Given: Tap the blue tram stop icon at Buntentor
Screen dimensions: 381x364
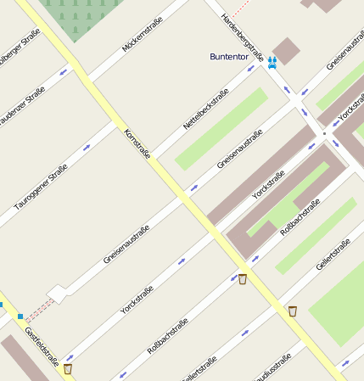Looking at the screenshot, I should click(272, 62).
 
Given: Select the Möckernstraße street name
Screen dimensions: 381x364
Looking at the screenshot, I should click(142, 32).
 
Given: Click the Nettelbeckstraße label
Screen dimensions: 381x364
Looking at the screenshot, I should click(206, 109).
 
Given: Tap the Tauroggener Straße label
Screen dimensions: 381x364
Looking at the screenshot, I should click(41, 188).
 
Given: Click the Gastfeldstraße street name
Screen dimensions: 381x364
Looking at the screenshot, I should click(41, 348).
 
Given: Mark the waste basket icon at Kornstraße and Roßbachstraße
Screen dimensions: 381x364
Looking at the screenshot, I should click(243, 279).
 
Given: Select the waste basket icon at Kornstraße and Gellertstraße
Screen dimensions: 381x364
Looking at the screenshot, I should click(293, 311).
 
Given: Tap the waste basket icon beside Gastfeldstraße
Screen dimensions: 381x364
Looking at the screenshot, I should click(68, 368).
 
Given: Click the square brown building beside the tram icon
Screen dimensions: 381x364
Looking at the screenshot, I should click(286, 50).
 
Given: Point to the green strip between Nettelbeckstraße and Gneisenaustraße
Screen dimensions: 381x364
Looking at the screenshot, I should click(221, 128).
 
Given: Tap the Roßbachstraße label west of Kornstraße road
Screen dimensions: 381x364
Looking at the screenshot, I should click(167, 336).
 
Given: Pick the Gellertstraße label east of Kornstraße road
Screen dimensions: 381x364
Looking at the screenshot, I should click(333, 255).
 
